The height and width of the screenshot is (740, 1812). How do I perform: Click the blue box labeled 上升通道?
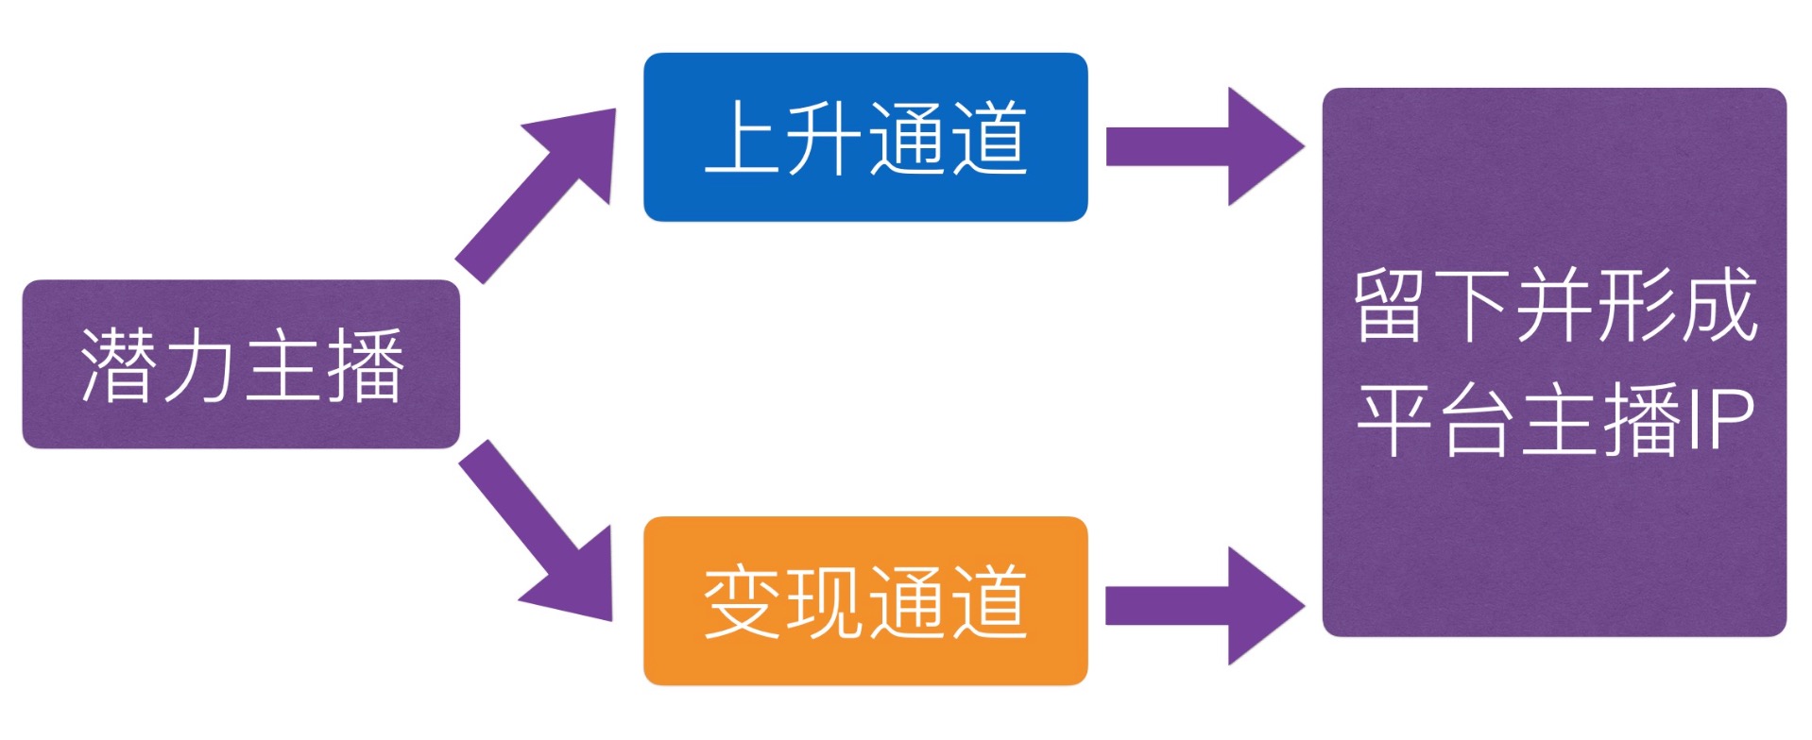(x=864, y=138)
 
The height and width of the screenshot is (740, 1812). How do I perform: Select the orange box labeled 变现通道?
(x=864, y=600)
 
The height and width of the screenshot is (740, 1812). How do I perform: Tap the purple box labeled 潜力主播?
(x=241, y=364)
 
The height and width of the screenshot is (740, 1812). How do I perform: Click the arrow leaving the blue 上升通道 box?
(x=1204, y=146)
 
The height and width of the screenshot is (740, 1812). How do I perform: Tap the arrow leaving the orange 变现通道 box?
(x=1204, y=606)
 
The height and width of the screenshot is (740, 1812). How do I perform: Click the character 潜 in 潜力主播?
(x=119, y=365)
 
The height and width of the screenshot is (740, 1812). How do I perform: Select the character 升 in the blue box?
(x=825, y=138)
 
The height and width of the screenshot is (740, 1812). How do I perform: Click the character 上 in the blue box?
(x=744, y=138)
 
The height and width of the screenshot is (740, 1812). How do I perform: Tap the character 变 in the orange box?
(x=744, y=601)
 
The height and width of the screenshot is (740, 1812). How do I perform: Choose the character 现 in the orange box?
(x=825, y=601)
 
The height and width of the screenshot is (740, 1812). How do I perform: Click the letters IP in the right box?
(x=1720, y=420)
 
